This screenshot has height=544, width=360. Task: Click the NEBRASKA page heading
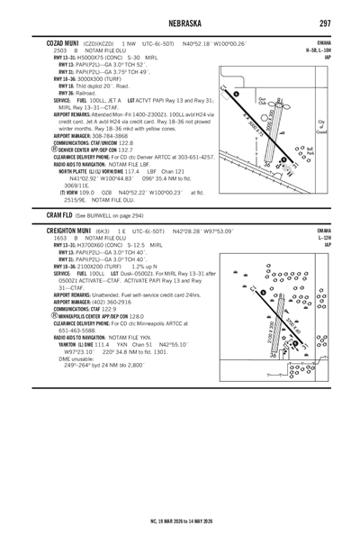179,22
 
